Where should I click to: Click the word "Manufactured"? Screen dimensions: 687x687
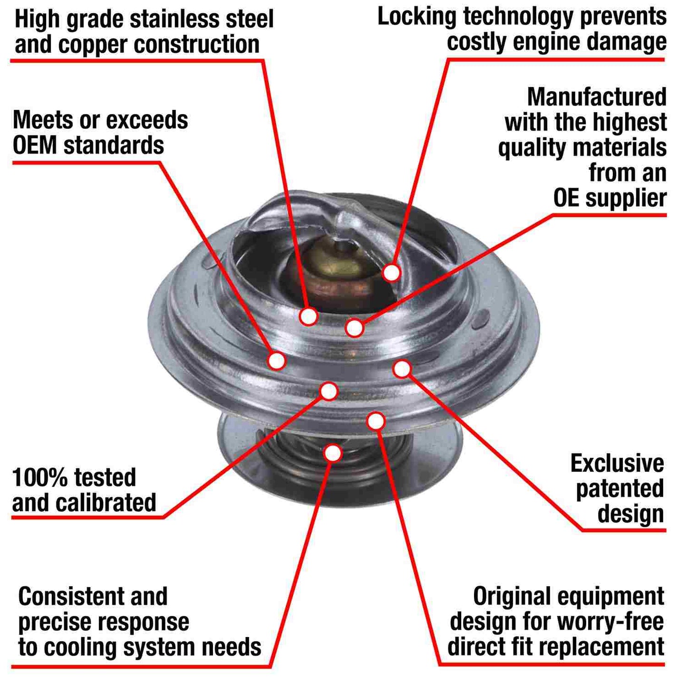pyautogui.click(x=597, y=97)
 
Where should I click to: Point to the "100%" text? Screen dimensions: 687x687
pyautogui.click(x=39, y=478)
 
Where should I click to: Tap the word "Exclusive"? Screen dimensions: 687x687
pyautogui.click(x=617, y=464)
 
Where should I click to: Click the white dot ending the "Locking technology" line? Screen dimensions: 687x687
pyautogui.click(x=391, y=272)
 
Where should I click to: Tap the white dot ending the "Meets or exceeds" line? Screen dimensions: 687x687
pyautogui.click(x=276, y=360)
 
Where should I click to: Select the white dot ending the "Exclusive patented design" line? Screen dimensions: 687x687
pyautogui.click(x=402, y=368)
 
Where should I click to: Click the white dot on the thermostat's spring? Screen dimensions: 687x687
pyautogui.click(x=333, y=453)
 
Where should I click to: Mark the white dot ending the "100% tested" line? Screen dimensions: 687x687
pyautogui.click(x=329, y=391)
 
